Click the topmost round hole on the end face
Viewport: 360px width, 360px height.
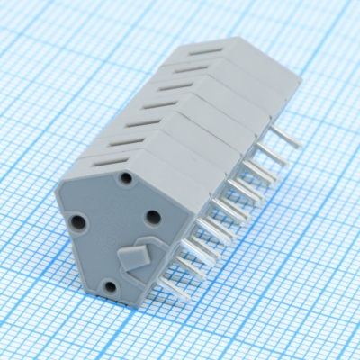126,178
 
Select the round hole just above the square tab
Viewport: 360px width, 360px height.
153,216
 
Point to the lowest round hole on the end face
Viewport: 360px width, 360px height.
110,286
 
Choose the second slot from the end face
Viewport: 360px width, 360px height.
126,139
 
